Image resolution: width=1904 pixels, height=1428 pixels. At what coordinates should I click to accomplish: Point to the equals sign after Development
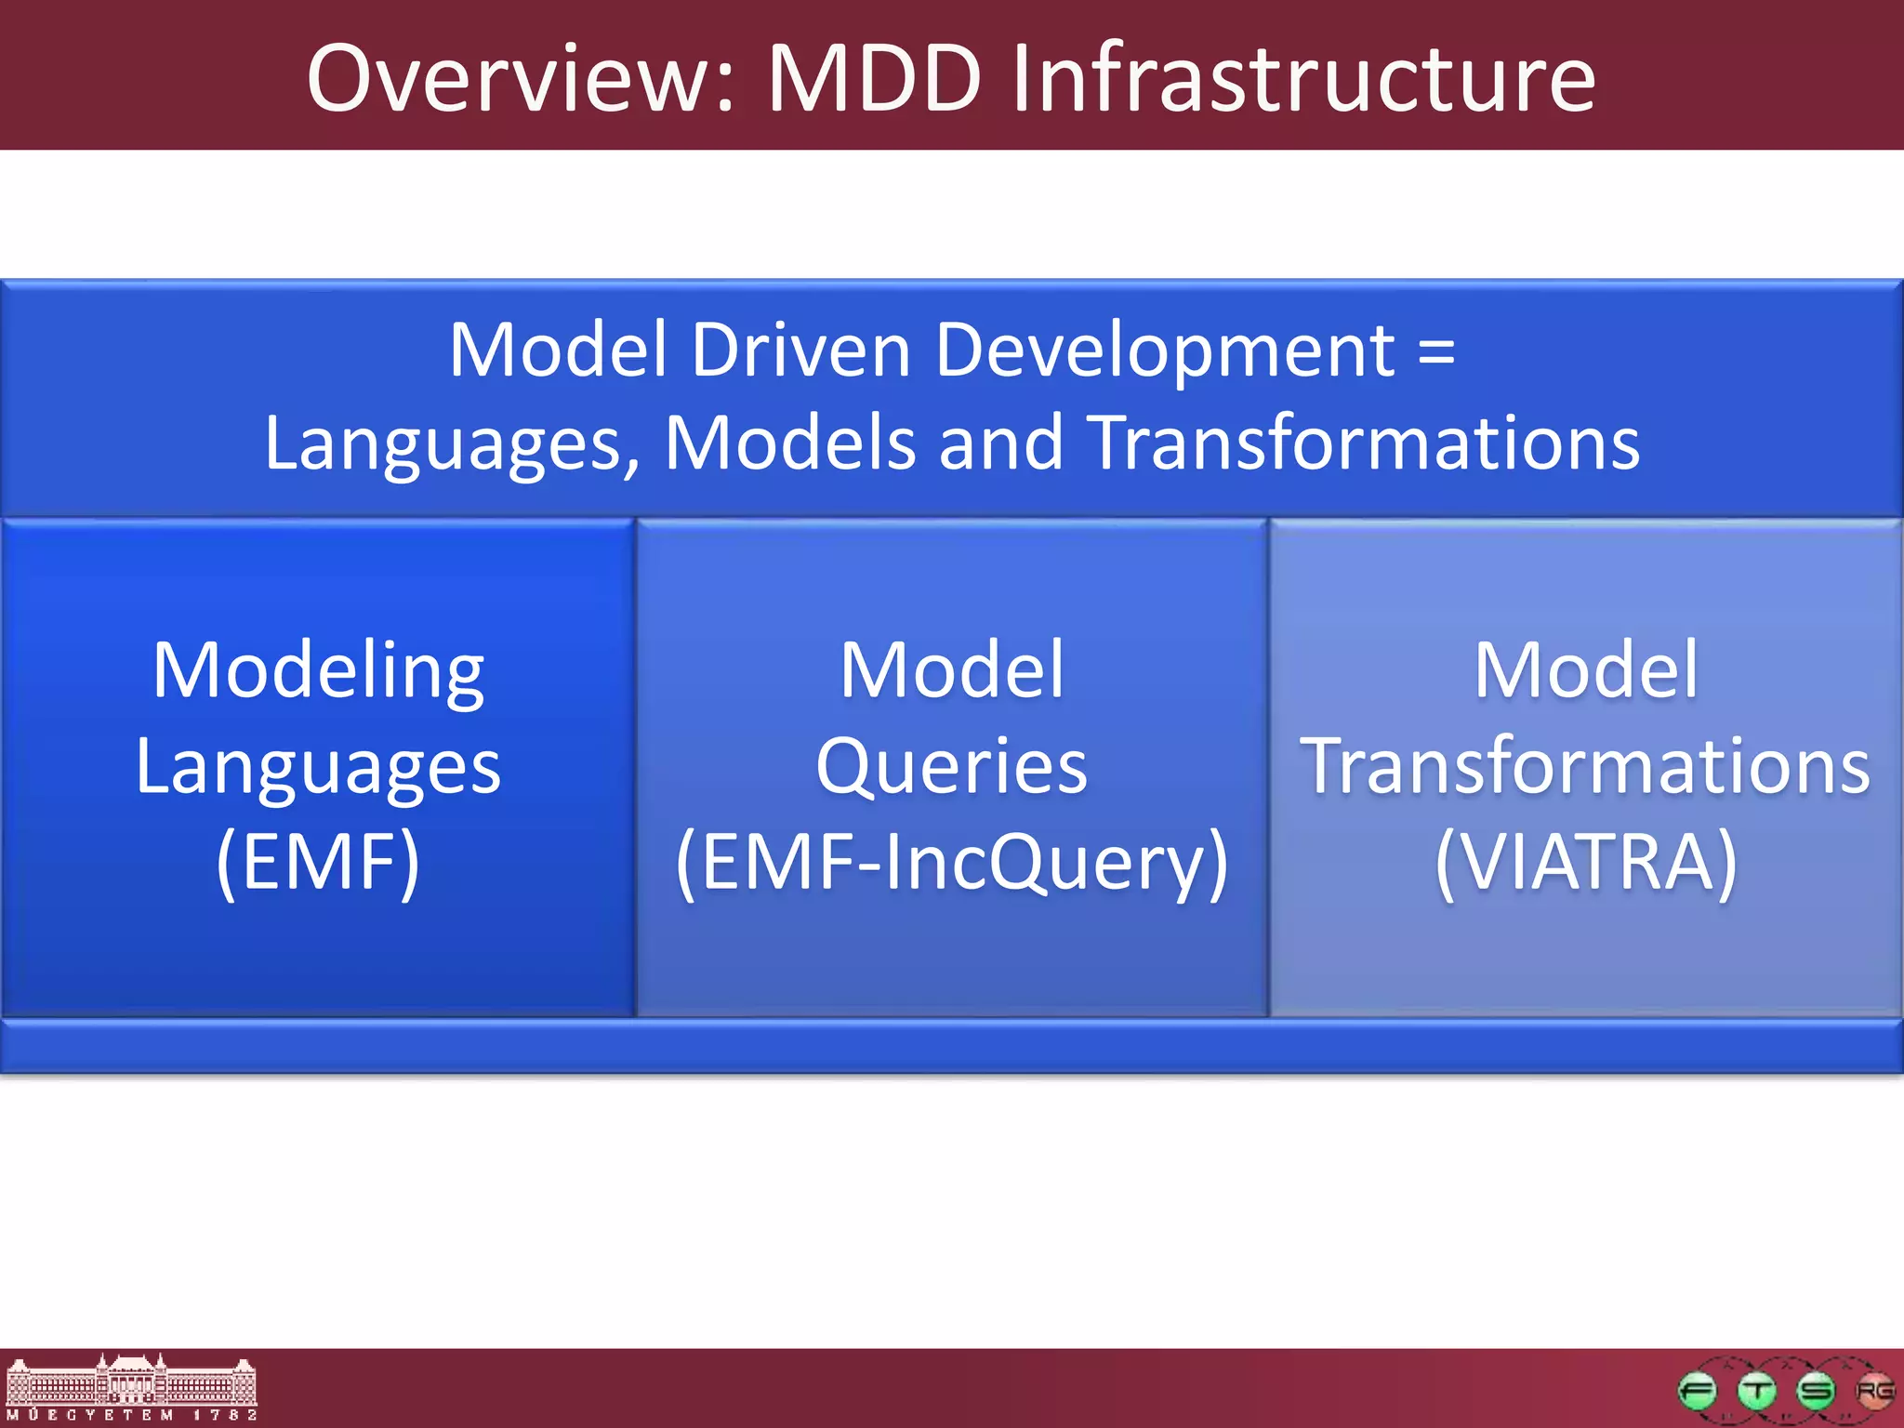click(x=1436, y=350)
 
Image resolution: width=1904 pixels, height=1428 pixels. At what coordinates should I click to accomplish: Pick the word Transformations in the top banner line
click(x=1363, y=443)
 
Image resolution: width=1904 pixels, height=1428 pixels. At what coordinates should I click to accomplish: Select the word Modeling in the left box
click(x=318, y=671)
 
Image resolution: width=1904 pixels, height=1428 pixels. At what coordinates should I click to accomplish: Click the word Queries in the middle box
click(x=951, y=767)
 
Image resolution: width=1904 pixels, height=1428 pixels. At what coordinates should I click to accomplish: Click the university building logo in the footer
click(x=130, y=1380)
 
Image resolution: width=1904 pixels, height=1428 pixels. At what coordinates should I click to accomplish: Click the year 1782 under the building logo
click(x=225, y=1415)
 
